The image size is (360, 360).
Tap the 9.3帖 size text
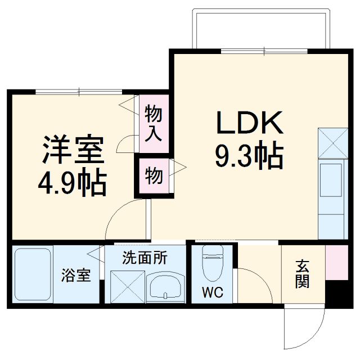248,156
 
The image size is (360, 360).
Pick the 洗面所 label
145,258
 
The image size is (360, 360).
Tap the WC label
213,292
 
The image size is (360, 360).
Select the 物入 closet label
154,123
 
